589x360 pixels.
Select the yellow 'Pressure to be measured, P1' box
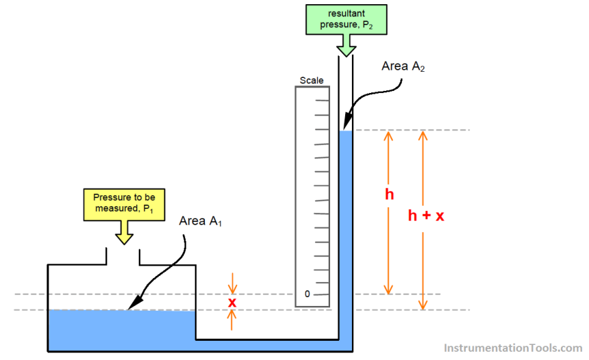[124, 203]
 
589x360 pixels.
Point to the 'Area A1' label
[203, 221]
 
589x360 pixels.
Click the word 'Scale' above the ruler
[312, 81]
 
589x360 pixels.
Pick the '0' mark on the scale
[307, 294]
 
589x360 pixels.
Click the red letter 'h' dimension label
[389, 195]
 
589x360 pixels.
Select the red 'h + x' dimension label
[426, 216]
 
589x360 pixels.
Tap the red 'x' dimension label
[232, 302]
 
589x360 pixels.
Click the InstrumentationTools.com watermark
[513, 348]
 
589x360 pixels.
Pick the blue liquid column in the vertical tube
[346, 226]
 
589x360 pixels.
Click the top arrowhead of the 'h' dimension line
[388, 134]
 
